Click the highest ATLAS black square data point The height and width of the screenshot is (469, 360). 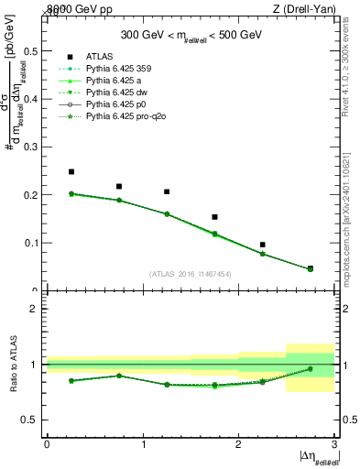71,171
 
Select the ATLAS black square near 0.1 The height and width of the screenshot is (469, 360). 263,245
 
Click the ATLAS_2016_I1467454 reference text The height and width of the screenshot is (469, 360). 191,274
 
